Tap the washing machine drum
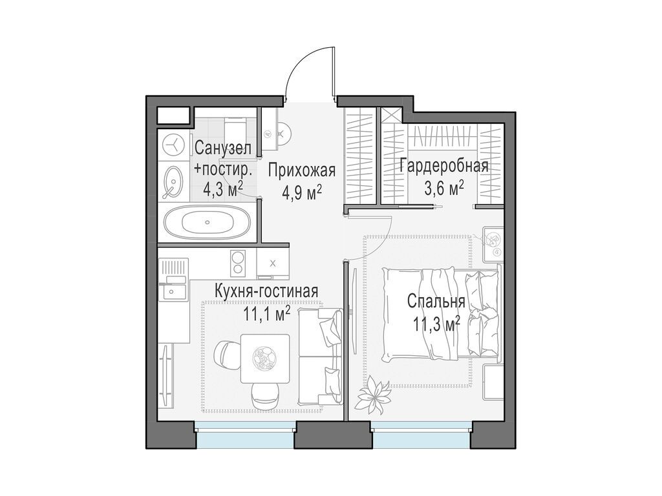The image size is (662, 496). tap(173, 144)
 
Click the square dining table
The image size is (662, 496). tap(265, 358)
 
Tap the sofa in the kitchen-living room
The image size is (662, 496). tap(319, 356)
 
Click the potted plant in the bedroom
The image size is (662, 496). tap(373, 395)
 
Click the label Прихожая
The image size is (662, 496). tap(302, 170)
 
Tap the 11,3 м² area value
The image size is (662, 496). tap(436, 325)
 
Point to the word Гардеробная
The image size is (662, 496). tap(444, 166)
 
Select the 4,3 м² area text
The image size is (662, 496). tap(223, 189)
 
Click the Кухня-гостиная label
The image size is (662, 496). tap(266, 291)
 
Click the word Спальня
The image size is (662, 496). tap(436, 302)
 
